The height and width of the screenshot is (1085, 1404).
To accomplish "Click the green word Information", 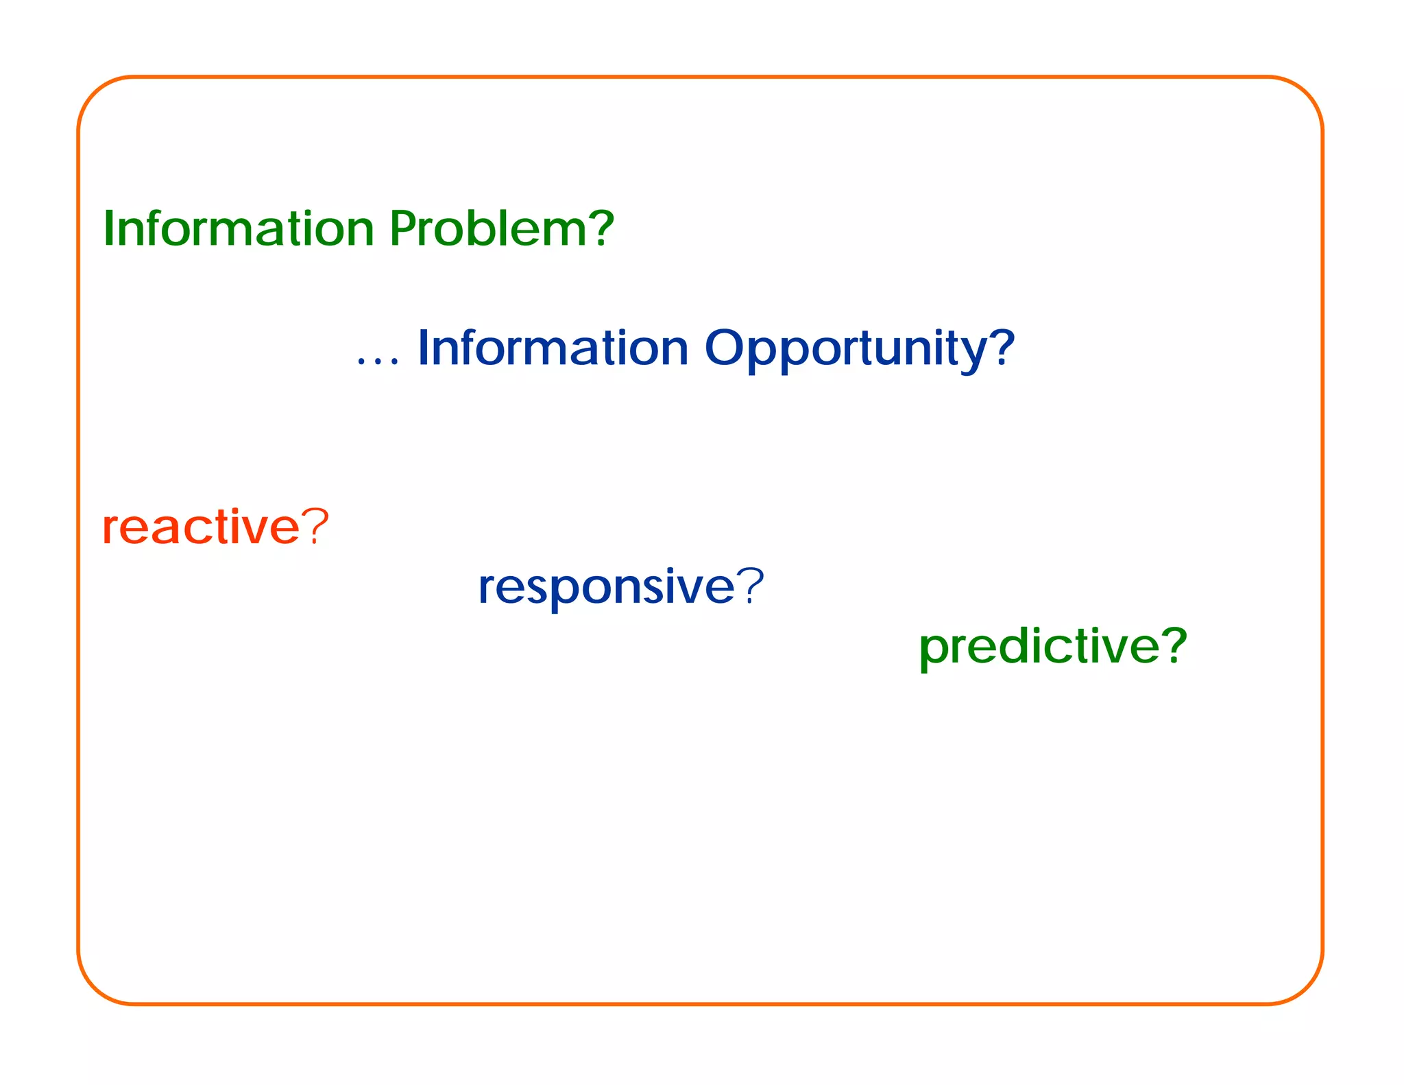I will point(238,228).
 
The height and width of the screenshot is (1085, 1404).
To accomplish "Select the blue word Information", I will point(553,348).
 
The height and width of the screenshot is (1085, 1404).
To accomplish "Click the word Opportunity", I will point(847,350).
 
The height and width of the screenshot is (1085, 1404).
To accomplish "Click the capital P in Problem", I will point(403,228).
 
